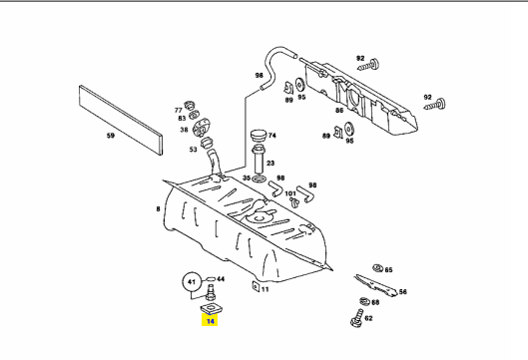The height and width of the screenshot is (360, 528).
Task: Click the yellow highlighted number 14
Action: point(210,321)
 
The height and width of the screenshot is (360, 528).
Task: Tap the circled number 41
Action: point(192,281)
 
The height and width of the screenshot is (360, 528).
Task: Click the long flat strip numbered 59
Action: point(121,120)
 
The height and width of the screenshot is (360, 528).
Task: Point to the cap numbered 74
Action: point(259,136)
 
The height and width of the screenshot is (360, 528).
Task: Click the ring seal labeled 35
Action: point(259,180)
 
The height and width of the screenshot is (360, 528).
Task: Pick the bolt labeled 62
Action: point(357,318)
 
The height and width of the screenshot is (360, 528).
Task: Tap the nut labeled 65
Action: point(378,268)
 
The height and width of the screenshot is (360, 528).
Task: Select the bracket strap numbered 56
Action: point(376,285)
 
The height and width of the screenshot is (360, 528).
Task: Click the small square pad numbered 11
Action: point(256,286)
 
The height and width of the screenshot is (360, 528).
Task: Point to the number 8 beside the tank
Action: point(158,209)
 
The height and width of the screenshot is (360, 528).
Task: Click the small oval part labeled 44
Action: point(211,279)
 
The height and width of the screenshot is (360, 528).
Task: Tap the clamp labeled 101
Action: point(294,201)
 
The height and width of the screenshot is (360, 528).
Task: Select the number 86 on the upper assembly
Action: point(339,110)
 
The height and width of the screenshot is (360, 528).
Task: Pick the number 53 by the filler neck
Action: point(193,149)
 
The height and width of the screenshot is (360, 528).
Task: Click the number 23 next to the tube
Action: point(270,164)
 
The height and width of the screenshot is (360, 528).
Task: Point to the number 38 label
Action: point(184,130)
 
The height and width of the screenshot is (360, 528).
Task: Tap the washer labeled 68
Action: point(364,301)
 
